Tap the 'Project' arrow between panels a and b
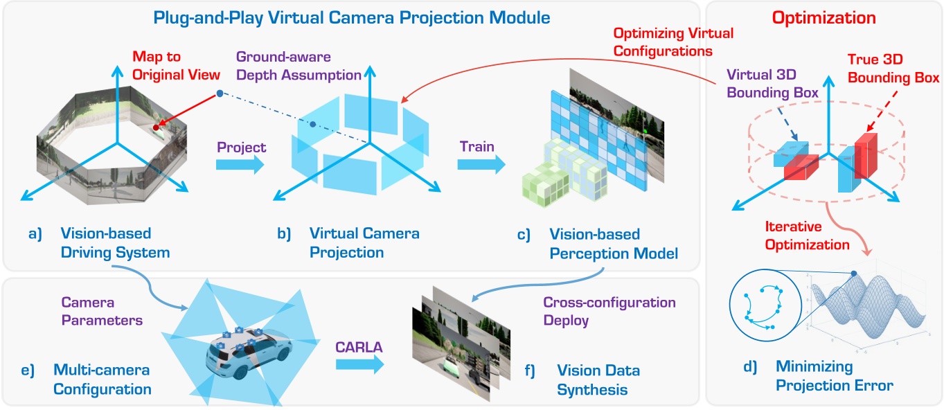[x=240, y=164]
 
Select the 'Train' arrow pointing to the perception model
[x=481, y=164]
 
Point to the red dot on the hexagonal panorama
[x=157, y=127]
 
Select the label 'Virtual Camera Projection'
[x=364, y=242]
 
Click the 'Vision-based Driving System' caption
[x=115, y=242]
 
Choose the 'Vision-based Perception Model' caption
[x=614, y=244]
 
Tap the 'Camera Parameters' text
[x=102, y=312]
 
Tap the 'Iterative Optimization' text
[x=807, y=235]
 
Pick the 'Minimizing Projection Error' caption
[x=835, y=375]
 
